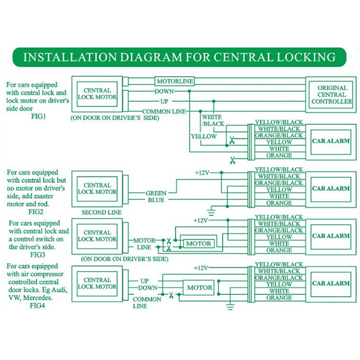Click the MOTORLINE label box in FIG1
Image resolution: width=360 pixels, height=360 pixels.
coord(175,81)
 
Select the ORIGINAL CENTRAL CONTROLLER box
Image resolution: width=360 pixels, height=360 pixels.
coord(332,95)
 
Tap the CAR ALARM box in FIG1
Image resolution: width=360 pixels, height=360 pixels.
coord(331,141)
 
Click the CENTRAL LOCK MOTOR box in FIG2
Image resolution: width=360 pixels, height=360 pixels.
coord(97,189)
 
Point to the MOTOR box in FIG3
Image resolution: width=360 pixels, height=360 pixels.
coord(198,243)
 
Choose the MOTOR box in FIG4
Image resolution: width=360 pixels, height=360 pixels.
coord(199,288)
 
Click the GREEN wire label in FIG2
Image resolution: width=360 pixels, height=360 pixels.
coord(156,193)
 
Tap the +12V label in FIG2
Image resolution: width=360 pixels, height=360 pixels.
coord(202,172)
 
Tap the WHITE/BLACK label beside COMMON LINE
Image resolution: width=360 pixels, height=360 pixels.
coord(212,121)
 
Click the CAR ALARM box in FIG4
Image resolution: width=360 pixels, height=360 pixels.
coord(331,283)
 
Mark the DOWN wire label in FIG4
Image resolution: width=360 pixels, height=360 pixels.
coord(148,288)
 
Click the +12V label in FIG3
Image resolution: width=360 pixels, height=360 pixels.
coord(202,220)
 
